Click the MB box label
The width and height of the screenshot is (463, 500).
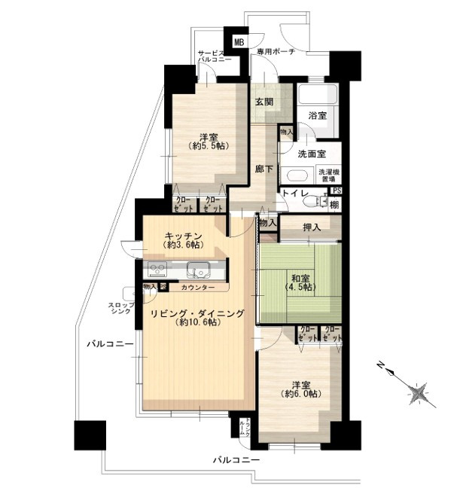(239, 43)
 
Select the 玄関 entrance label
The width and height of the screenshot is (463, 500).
(263, 102)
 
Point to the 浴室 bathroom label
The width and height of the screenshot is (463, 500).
(317, 115)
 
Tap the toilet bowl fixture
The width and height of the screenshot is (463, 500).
(321, 202)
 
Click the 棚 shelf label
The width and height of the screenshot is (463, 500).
(334, 205)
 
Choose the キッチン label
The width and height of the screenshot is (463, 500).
(183, 235)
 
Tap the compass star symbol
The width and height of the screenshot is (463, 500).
(419, 392)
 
